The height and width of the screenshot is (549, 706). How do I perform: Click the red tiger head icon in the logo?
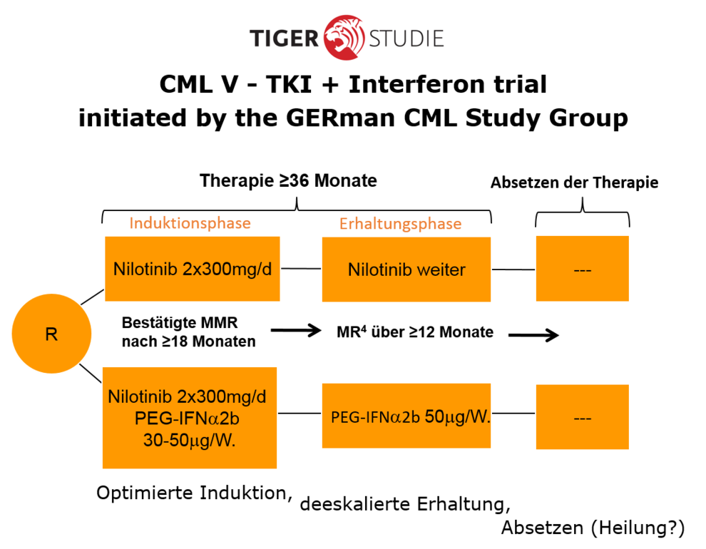point(343,37)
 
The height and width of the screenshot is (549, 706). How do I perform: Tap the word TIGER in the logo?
point(284,38)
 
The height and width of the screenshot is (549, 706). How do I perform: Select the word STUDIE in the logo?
point(406,38)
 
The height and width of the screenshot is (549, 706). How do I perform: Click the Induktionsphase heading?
point(190,223)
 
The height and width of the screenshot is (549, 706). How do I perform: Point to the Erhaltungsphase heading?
point(400,224)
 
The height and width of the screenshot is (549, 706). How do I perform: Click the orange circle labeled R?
point(51,334)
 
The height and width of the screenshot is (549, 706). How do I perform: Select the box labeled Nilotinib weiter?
point(406,270)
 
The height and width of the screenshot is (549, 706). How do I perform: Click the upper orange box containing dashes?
point(582,269)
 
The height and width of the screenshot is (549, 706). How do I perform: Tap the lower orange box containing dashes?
point(582,417)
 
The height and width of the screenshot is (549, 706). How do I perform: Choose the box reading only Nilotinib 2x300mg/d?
point(192,269)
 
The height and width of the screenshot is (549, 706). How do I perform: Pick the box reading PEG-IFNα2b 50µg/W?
point(406,416)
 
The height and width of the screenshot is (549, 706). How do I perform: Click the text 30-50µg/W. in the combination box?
point(189,441)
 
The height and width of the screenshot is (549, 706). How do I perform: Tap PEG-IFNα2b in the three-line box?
point(188,419)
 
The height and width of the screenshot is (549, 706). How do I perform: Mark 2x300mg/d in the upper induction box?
point(227,270)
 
